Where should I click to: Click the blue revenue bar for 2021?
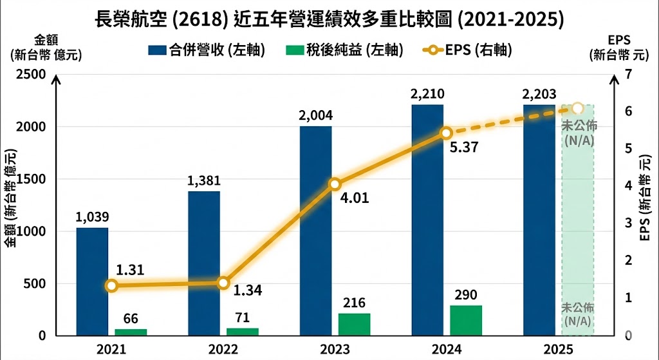pos(92,281)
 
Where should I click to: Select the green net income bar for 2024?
pos(466,320)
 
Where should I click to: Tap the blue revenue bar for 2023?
pos(315,231)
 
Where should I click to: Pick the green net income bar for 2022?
pos(242,332)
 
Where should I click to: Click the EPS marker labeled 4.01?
pos(335,184)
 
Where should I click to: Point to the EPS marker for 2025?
pos(577,108)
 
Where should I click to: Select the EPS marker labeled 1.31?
pos(111,285)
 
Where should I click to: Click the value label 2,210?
pos(427,94)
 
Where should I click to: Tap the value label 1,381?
pos(204,181)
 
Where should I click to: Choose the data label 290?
pos(465,295)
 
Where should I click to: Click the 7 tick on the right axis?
pos(628,74)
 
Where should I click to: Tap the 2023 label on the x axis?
pos(334,349)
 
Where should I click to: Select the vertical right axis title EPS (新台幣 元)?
pos(644,199)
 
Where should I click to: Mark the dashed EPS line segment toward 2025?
pos(512,120)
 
